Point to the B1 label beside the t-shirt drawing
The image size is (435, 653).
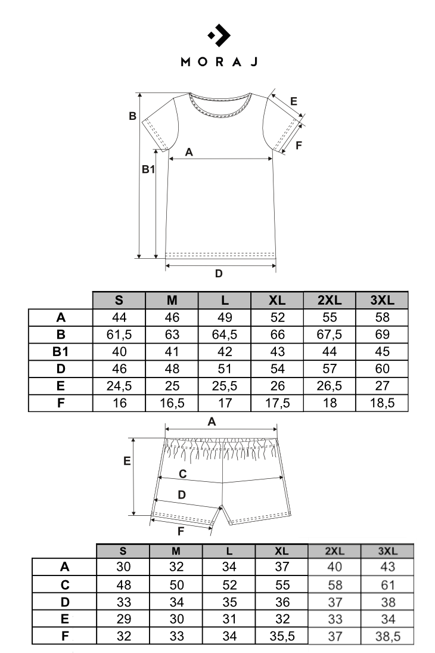point(148,170)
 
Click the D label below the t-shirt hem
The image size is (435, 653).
point(219,274)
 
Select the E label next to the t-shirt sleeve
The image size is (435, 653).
point(293,101)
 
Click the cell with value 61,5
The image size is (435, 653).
point(119,334)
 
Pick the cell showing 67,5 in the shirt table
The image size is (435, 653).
point(329,334)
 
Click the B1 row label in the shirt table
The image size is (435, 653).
point(61,351)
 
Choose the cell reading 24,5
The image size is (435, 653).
point(119,385)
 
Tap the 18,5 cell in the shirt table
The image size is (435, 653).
point(381,403)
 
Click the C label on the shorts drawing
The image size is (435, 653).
point(184,473)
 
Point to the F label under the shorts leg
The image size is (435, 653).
point(181,530)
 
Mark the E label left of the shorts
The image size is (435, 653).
point(127,461)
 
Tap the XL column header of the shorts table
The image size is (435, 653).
point(281,550)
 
